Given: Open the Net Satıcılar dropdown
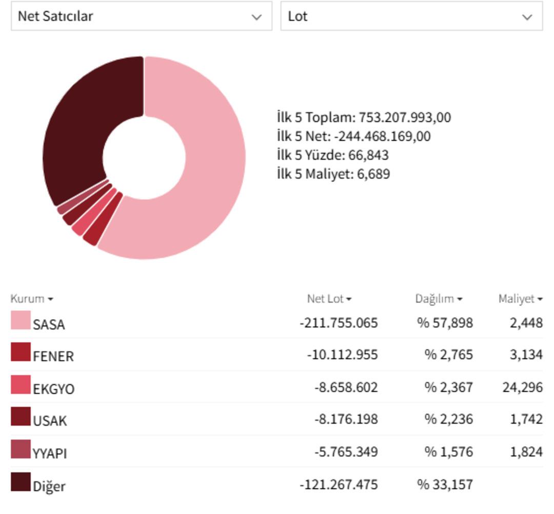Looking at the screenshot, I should [141, 16].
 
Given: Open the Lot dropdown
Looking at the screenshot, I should [411, 16].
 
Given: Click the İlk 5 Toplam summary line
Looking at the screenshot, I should [364, 118].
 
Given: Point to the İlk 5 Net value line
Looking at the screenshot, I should [353, 137].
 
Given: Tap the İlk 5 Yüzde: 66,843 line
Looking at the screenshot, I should [332, 155].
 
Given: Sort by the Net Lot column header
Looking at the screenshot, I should [329, 299].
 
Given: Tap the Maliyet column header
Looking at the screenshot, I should [520, 299].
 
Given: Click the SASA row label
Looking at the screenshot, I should [49, 325].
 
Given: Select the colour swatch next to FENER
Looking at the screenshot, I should [21, 352].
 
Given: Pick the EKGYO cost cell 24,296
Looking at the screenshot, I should [522, 387].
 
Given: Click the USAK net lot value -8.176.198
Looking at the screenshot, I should [346, 419].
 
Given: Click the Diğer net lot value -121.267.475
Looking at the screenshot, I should [339, 484].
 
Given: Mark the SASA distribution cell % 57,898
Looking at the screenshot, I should [445, 323].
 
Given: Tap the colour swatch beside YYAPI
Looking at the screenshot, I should [21, 449].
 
